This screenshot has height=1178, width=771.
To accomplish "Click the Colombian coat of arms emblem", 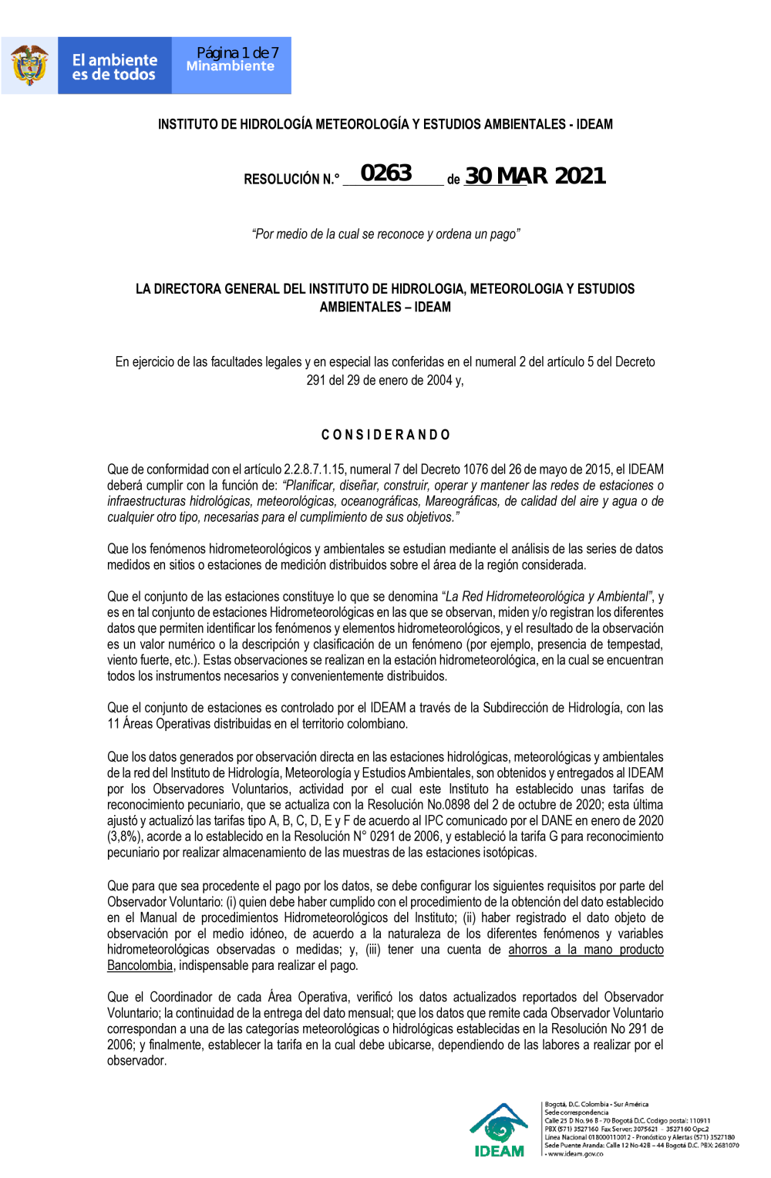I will [29, 66].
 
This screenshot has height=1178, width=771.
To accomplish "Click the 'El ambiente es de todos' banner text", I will [114, 67].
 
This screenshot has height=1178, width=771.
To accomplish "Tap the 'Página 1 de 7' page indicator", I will [237, 52].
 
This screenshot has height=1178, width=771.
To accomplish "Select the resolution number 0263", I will [386, 173].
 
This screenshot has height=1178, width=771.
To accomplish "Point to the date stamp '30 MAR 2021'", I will [535, 176].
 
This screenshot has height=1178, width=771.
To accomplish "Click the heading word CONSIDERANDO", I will [385, 435].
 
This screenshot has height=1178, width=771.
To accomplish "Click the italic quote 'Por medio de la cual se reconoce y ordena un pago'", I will [385, 234].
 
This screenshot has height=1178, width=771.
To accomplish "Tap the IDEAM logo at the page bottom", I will [499, 1130].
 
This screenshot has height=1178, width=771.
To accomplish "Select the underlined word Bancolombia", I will [140, 965].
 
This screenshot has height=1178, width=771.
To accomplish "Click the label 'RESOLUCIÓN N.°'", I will [291, 179].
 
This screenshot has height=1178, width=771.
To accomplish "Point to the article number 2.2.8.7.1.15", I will [315, 469].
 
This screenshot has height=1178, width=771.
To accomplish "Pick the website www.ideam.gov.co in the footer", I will [575, 1154].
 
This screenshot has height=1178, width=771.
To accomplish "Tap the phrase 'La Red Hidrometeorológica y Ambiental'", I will [547, 596].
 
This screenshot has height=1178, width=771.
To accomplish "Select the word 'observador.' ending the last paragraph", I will [136, 1061].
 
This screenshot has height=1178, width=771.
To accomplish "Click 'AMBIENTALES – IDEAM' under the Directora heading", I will [385, 307].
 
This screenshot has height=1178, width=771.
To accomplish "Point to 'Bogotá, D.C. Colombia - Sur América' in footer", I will [597, 1105].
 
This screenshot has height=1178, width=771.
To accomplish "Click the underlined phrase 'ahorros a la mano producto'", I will [585, 949].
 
